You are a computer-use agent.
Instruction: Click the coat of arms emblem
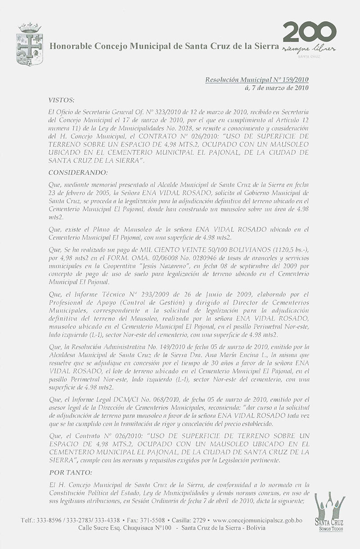(30, 44)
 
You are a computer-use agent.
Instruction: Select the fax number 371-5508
(158, 520)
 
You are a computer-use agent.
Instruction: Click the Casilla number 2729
(198, 520)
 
